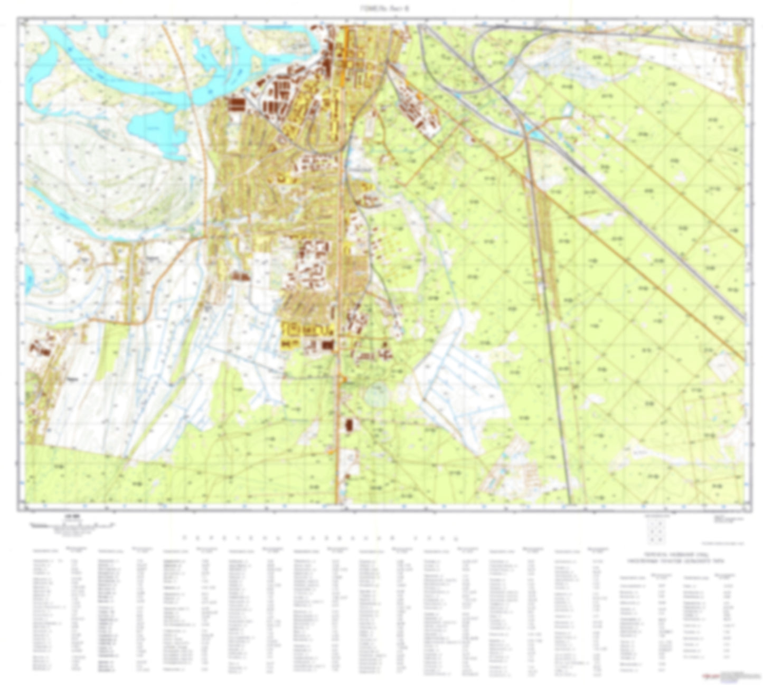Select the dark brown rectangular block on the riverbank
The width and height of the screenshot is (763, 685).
[x=237, y=104]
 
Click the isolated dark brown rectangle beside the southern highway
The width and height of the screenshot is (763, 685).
[x=349, y=425]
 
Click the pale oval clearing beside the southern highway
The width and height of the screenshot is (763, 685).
[x=376, y=396]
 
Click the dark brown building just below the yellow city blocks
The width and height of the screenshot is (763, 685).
[x=327, y=345]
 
